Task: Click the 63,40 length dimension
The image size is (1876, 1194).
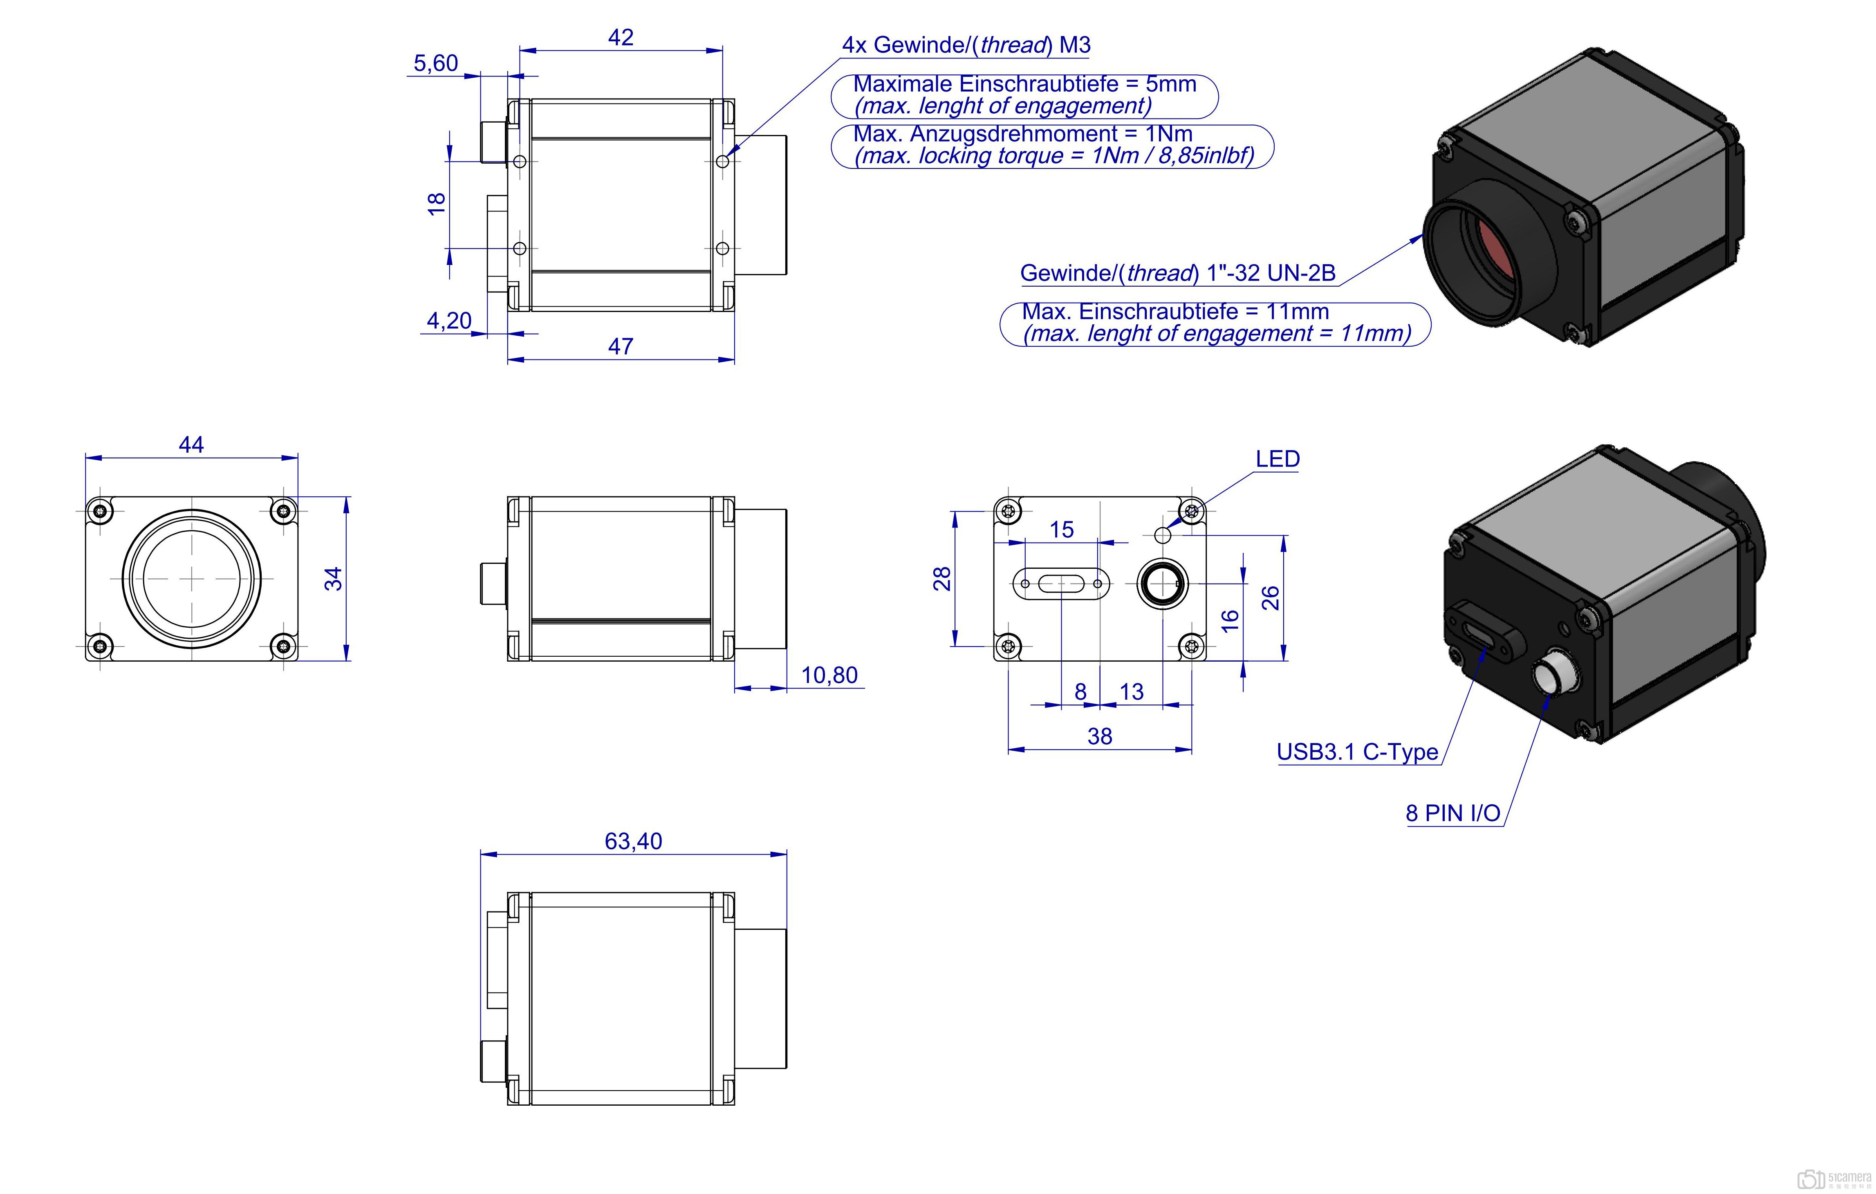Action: (x=632, y=841)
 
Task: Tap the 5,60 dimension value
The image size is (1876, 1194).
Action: (x=435, y=63)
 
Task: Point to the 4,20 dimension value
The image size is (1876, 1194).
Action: (x=449, y=320)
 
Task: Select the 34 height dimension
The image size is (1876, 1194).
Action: (x=334, y=578)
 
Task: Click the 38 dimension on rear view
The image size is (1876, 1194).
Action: (x=1099, y=736)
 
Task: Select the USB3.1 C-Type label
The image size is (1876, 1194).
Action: (x=1357, y=752)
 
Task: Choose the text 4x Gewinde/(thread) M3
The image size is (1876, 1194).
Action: (x=966, y=45)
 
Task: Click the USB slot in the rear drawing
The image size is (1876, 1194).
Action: (x=1061, y=583)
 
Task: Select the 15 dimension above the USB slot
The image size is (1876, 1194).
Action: (x=1061, y=530)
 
